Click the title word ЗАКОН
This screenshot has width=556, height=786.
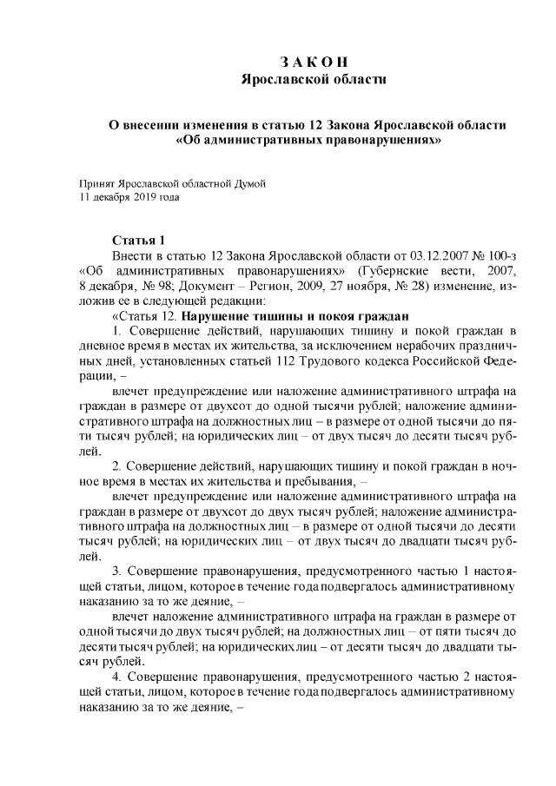click(x=314, y=63)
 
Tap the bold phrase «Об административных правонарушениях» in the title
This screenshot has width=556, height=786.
click(x=314, y=140)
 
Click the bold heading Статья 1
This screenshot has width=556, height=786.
click(x=138, y=240)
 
